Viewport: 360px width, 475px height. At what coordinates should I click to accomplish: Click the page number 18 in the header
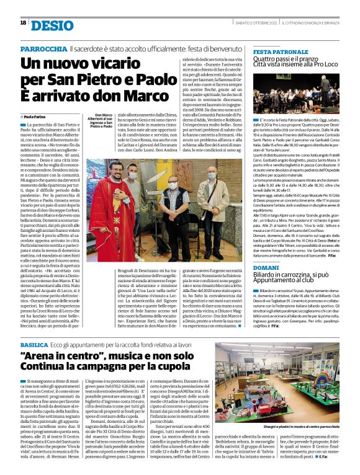pos(23,23)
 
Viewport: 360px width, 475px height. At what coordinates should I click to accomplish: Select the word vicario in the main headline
pos(119,63)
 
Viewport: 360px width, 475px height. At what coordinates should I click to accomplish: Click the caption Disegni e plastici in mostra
pos(313,427)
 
